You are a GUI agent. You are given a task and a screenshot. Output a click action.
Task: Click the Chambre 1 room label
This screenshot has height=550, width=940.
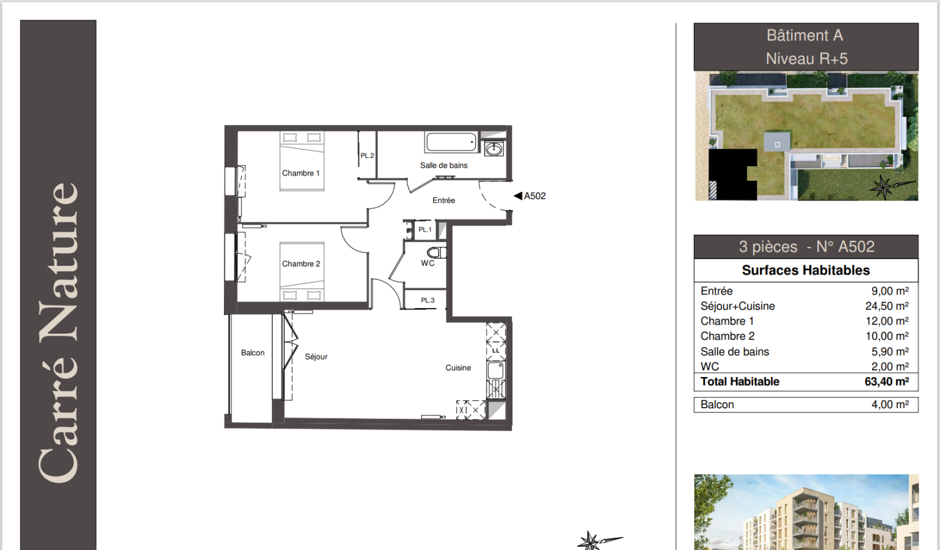pyautogui.click(x=301, y=173)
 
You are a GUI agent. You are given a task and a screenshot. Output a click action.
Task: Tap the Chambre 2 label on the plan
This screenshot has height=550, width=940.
pyautogui.click(x=301, y=263)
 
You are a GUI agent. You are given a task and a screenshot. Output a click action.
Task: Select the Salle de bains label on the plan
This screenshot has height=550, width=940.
pyautogui.click(x=443, y=166)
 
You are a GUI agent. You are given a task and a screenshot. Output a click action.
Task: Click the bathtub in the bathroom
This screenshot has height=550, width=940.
pyautogui.click(x=451, y=142)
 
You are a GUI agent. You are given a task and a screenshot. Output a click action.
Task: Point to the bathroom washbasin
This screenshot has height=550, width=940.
pyautogui.click(x=494, y=148)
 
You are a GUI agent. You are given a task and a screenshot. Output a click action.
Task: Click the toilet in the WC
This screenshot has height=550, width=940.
pyautogui.click(x=437, y=252)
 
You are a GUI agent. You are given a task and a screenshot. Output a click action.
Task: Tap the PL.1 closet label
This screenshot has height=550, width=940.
pyautogui.click(x=424, y=230)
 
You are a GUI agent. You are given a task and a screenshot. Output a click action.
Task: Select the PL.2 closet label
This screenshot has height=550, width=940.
pyautogui.click(x=367, y=156)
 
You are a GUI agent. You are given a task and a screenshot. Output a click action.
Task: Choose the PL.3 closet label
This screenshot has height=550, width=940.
pyautogui.click(x=428, y=300)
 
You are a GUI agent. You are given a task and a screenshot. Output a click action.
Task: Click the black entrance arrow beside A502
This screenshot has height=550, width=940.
pyautogui.click(x=519, y=196)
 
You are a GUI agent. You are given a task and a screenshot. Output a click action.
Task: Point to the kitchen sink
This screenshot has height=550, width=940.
pyautogui.click(x=495, y=371)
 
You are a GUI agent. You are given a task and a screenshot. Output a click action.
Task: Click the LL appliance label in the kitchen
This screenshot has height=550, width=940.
pyautogui.click(x=495, y=351)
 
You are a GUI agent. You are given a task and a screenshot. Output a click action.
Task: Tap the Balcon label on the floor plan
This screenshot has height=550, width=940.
pyautogui.click(x=253, y=353)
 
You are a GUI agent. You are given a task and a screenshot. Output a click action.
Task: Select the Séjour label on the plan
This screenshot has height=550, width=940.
pyautogui.click(x=316, y=356)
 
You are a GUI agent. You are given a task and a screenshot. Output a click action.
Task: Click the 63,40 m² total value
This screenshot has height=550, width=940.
pyautogui.click(x=887, y=381)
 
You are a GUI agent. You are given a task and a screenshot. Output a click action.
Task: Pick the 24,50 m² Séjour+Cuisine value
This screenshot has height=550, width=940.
pyautogui.click(x=887, y=306)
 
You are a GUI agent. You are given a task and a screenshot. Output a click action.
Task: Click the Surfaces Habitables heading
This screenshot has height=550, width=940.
pyautogui.click(x=806, y=270)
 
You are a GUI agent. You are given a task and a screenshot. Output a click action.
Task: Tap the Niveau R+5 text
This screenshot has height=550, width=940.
pyautogui.click(x=807, y=59)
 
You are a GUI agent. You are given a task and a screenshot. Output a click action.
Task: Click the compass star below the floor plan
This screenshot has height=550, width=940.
pyautogui.click(x=589, y=541)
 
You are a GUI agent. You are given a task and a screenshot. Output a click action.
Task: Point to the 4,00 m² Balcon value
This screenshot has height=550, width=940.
pyautogui.click(x=890, y=405)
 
